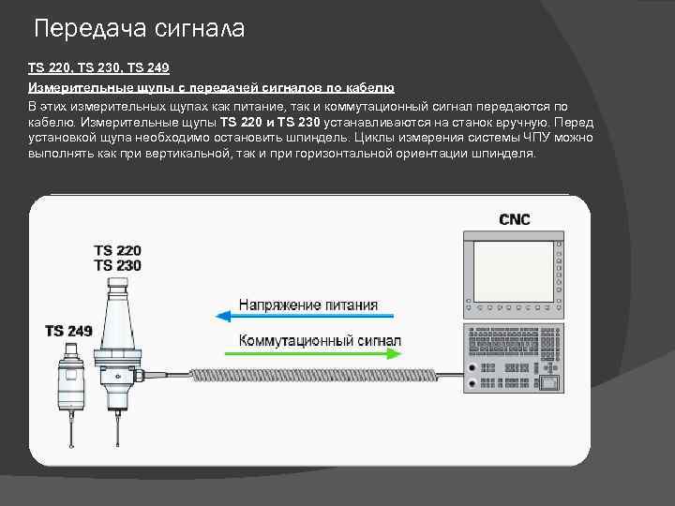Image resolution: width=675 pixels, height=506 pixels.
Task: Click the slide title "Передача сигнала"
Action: coord(139,29)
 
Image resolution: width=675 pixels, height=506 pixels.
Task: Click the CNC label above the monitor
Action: coord(514,220)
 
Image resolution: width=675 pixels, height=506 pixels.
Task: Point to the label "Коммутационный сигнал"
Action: coord(320,339)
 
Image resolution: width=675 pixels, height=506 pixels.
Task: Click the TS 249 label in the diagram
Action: coord(68,330)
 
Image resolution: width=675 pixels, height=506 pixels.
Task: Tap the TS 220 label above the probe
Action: coord(117,251)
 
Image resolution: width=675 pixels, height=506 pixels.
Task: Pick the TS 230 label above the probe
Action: coord(117,266)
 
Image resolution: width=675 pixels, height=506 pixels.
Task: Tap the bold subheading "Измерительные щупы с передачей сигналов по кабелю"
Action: coord(211,87)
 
